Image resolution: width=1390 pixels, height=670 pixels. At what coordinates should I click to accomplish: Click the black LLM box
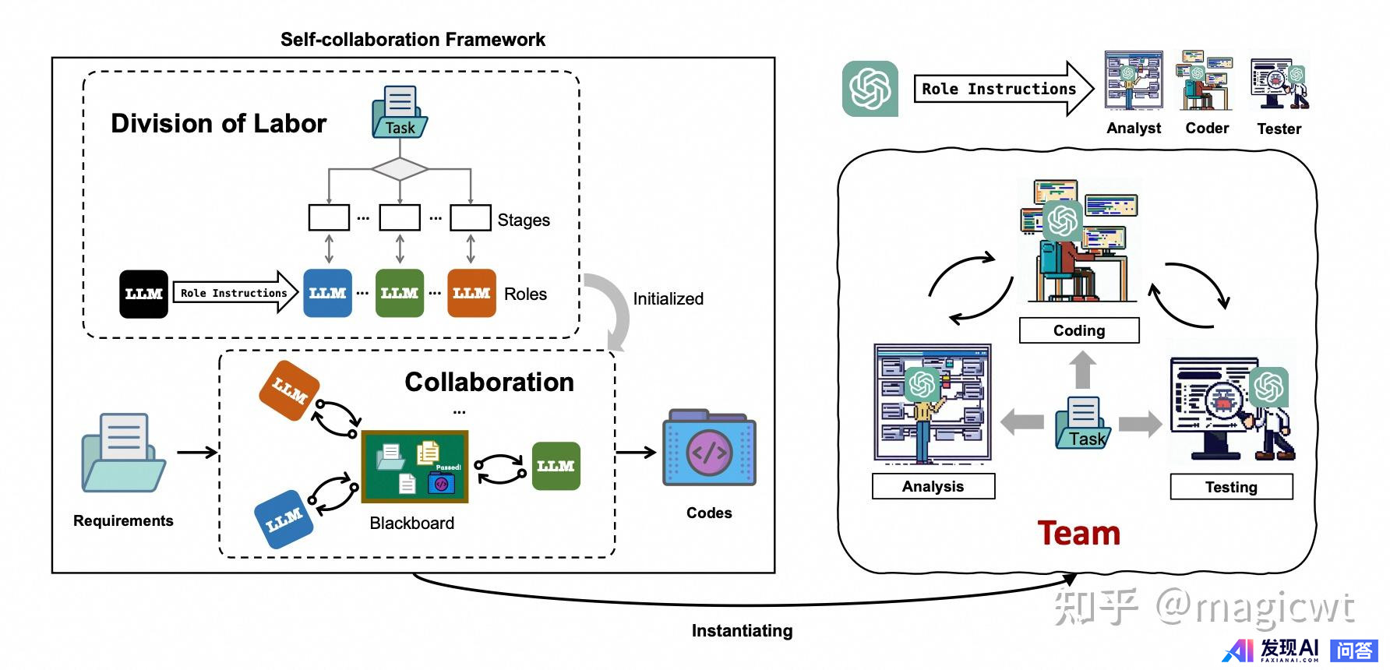[143, 294]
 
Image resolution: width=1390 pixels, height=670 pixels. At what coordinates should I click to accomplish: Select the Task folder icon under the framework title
[400, 113]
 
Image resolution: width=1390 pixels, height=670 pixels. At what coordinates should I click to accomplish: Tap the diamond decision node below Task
[400, 168]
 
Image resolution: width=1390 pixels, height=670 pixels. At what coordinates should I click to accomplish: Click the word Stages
[524, 220]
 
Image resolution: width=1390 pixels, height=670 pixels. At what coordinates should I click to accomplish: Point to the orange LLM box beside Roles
[471, 293]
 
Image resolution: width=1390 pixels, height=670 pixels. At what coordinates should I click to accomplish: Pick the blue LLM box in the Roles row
[327, 293]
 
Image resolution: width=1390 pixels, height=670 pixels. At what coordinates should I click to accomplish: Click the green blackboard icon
[415, 467]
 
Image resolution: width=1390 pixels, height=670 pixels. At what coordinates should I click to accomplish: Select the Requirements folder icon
[123, 453]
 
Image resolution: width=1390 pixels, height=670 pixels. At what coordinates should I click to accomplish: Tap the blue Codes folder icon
[708, 449]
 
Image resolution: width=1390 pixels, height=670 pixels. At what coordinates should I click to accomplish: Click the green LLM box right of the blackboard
[556, 466]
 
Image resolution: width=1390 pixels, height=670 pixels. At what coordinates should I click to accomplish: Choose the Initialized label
[668, 299]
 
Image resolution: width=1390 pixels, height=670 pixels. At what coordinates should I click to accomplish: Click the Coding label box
[1079, 330]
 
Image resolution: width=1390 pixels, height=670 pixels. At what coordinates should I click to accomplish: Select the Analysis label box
[933, 487]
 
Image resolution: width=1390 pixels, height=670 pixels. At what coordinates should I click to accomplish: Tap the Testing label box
[1231, 487]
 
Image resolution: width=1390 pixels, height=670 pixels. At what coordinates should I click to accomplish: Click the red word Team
[1078, 534]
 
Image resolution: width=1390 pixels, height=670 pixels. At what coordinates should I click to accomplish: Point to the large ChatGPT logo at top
[870, 89]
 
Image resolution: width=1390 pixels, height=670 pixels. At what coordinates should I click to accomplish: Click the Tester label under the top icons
[1279, 129]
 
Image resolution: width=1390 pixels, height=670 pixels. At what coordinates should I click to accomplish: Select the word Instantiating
[742, 631]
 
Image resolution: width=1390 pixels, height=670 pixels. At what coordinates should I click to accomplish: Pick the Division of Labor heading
[218, 124]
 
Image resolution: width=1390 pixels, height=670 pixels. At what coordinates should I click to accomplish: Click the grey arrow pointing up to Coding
[1082, 369]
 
